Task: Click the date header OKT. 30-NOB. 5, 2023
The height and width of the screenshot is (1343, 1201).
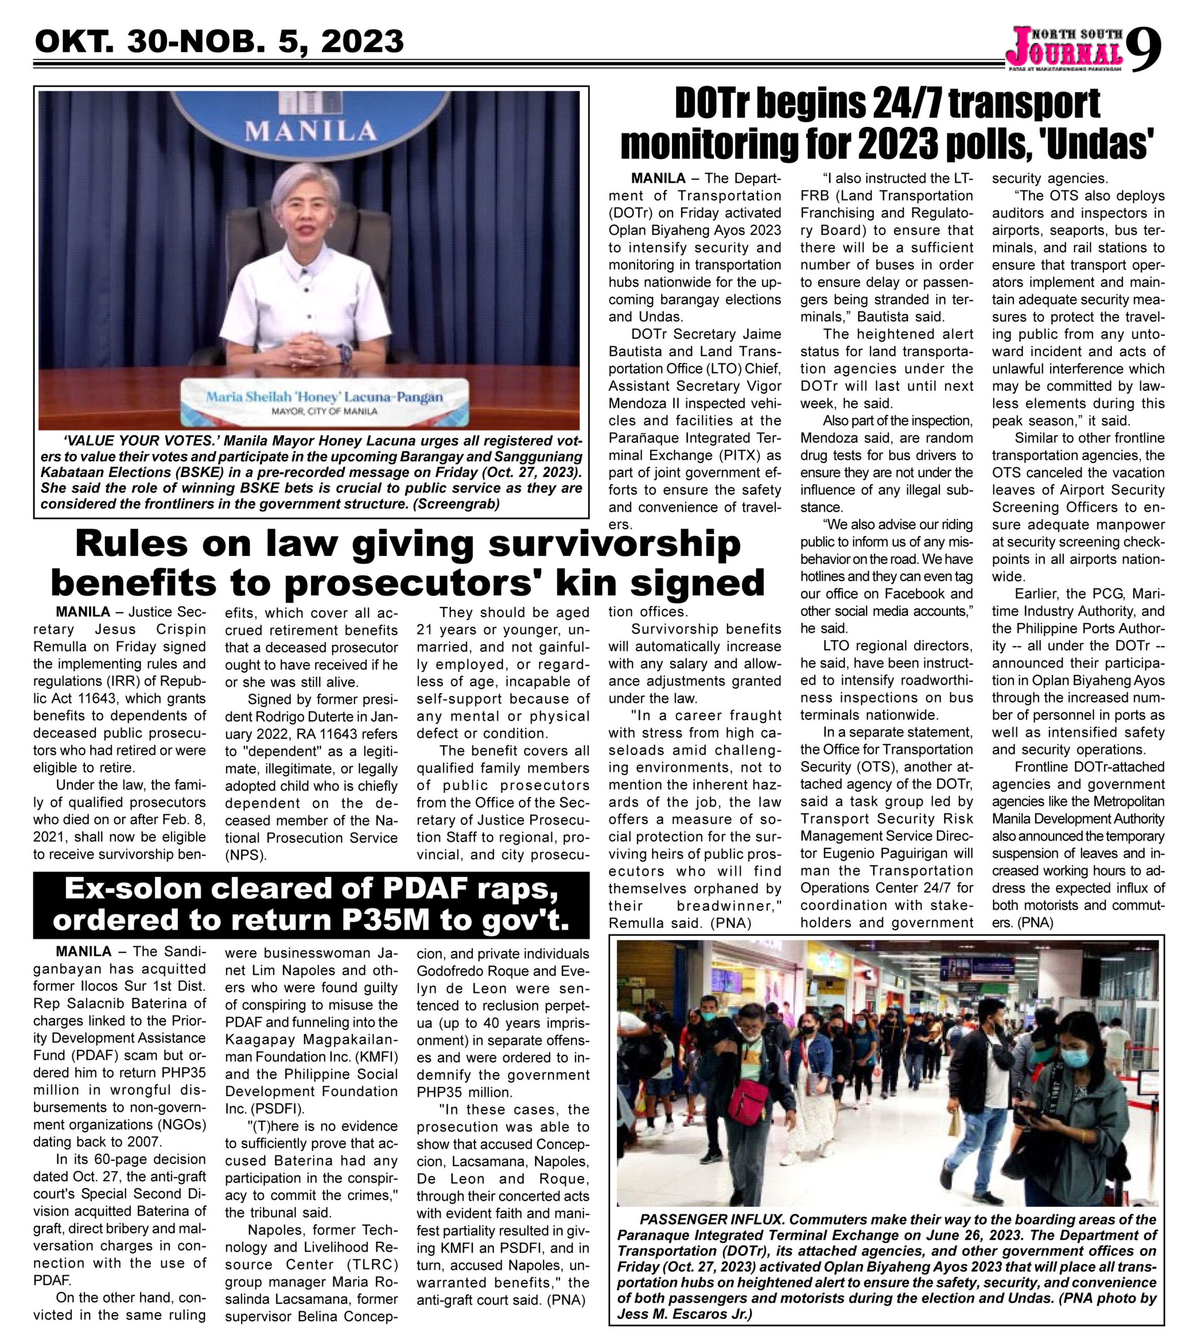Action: [x=219, y=41]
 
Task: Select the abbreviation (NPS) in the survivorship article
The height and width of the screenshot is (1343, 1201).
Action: [x=245, y=855]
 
